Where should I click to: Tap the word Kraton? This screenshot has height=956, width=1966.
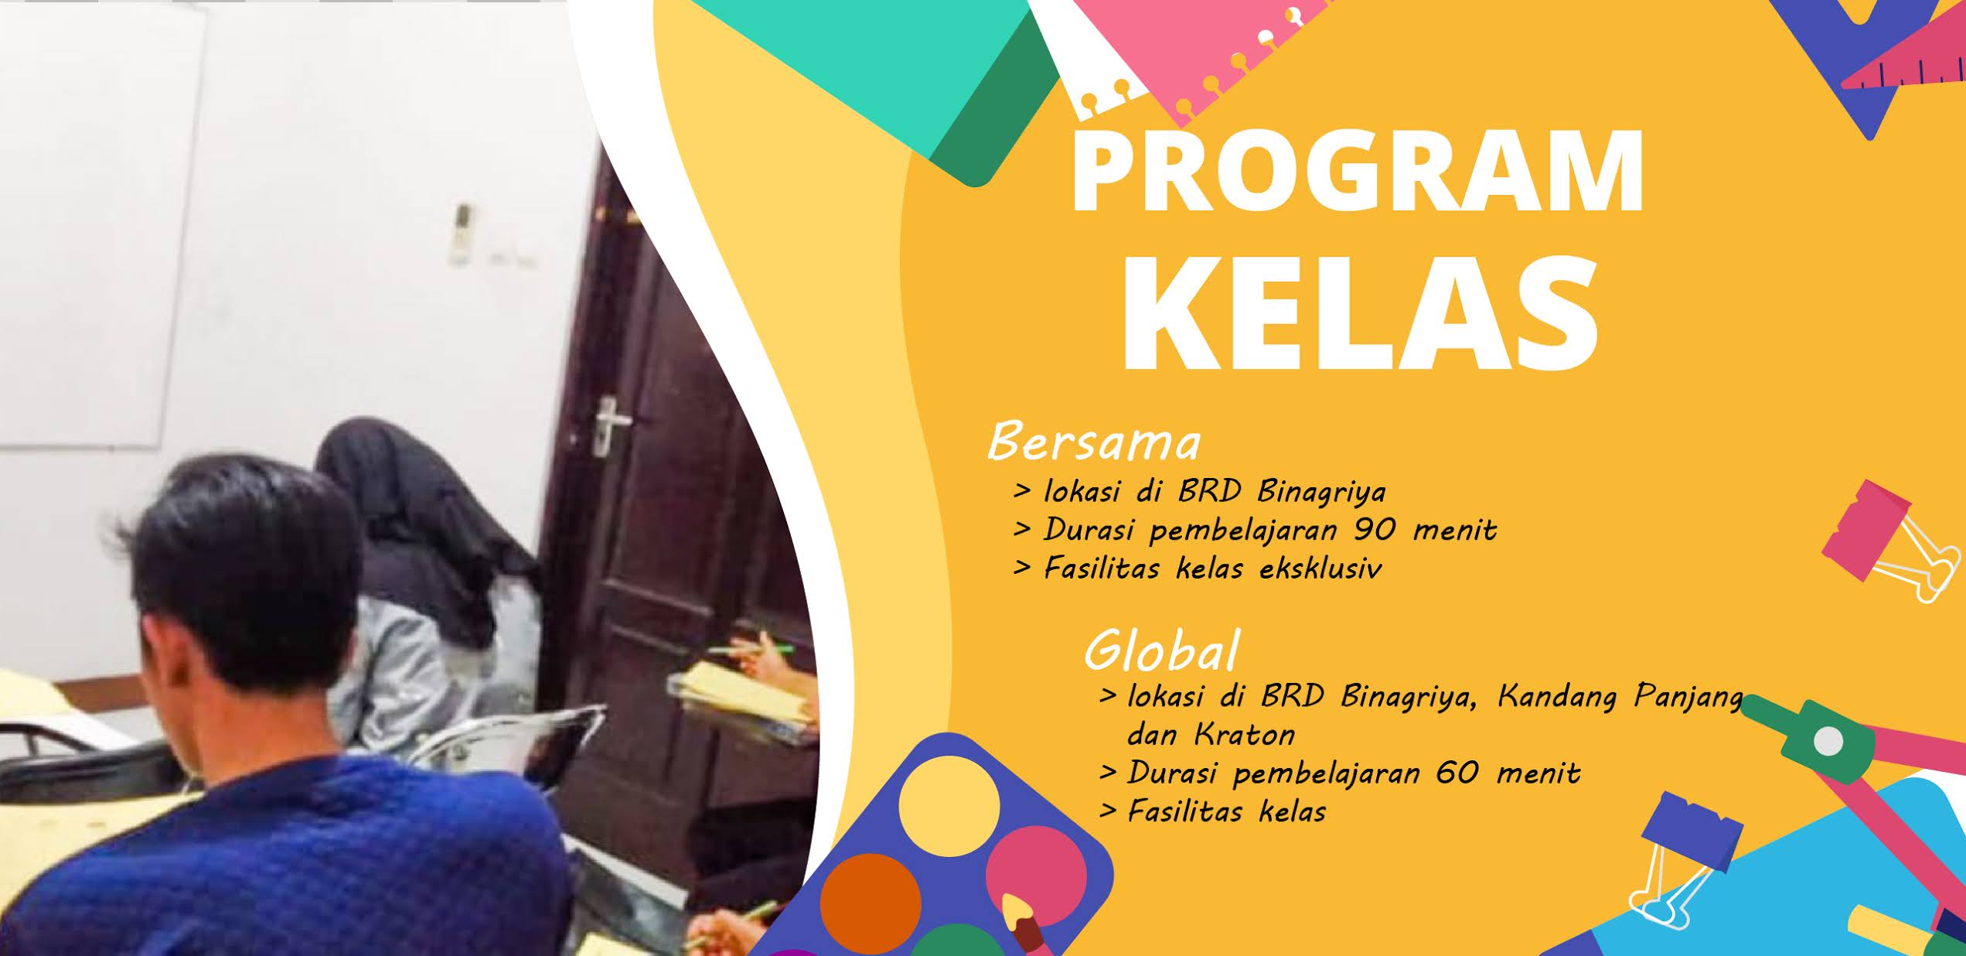(x=1244, y=734)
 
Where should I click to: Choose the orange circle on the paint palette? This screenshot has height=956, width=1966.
(x=870, y=901)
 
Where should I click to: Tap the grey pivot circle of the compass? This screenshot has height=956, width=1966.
(x=1828, y=742)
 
